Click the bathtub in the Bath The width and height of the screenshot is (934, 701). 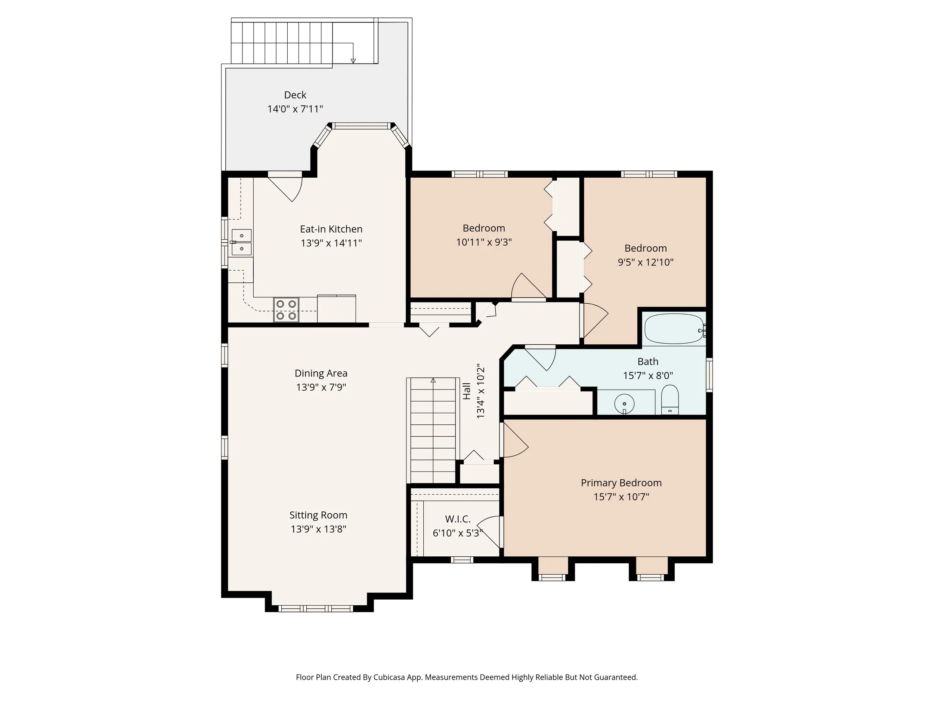673,328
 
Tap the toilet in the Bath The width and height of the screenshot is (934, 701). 669,400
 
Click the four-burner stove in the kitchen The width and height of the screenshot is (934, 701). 286,310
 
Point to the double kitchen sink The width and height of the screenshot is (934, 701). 241,243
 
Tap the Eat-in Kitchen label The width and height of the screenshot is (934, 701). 331,229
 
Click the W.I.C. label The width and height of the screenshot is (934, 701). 457,519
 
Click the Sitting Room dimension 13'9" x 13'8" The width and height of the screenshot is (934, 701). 318,529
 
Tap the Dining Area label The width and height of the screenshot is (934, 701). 321,373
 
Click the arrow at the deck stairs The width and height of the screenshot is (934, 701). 353,61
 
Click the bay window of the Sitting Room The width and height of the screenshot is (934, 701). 315,608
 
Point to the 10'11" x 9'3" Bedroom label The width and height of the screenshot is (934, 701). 483,228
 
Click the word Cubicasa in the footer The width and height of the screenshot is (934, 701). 389,677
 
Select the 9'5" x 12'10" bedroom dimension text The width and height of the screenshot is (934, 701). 645,262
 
